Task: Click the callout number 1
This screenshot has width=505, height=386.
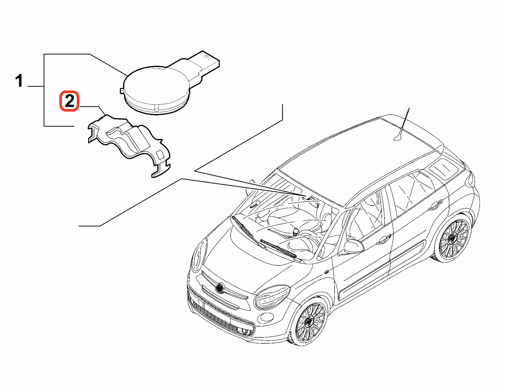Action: click(19, 81)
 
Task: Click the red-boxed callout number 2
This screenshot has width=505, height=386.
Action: click(69, 101)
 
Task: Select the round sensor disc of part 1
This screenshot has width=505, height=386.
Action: click(157, 90)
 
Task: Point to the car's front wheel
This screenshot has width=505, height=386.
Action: click(309, 322)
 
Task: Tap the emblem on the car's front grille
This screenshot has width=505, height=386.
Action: click(220, 288)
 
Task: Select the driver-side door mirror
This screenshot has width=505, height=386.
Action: click(354, 247)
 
